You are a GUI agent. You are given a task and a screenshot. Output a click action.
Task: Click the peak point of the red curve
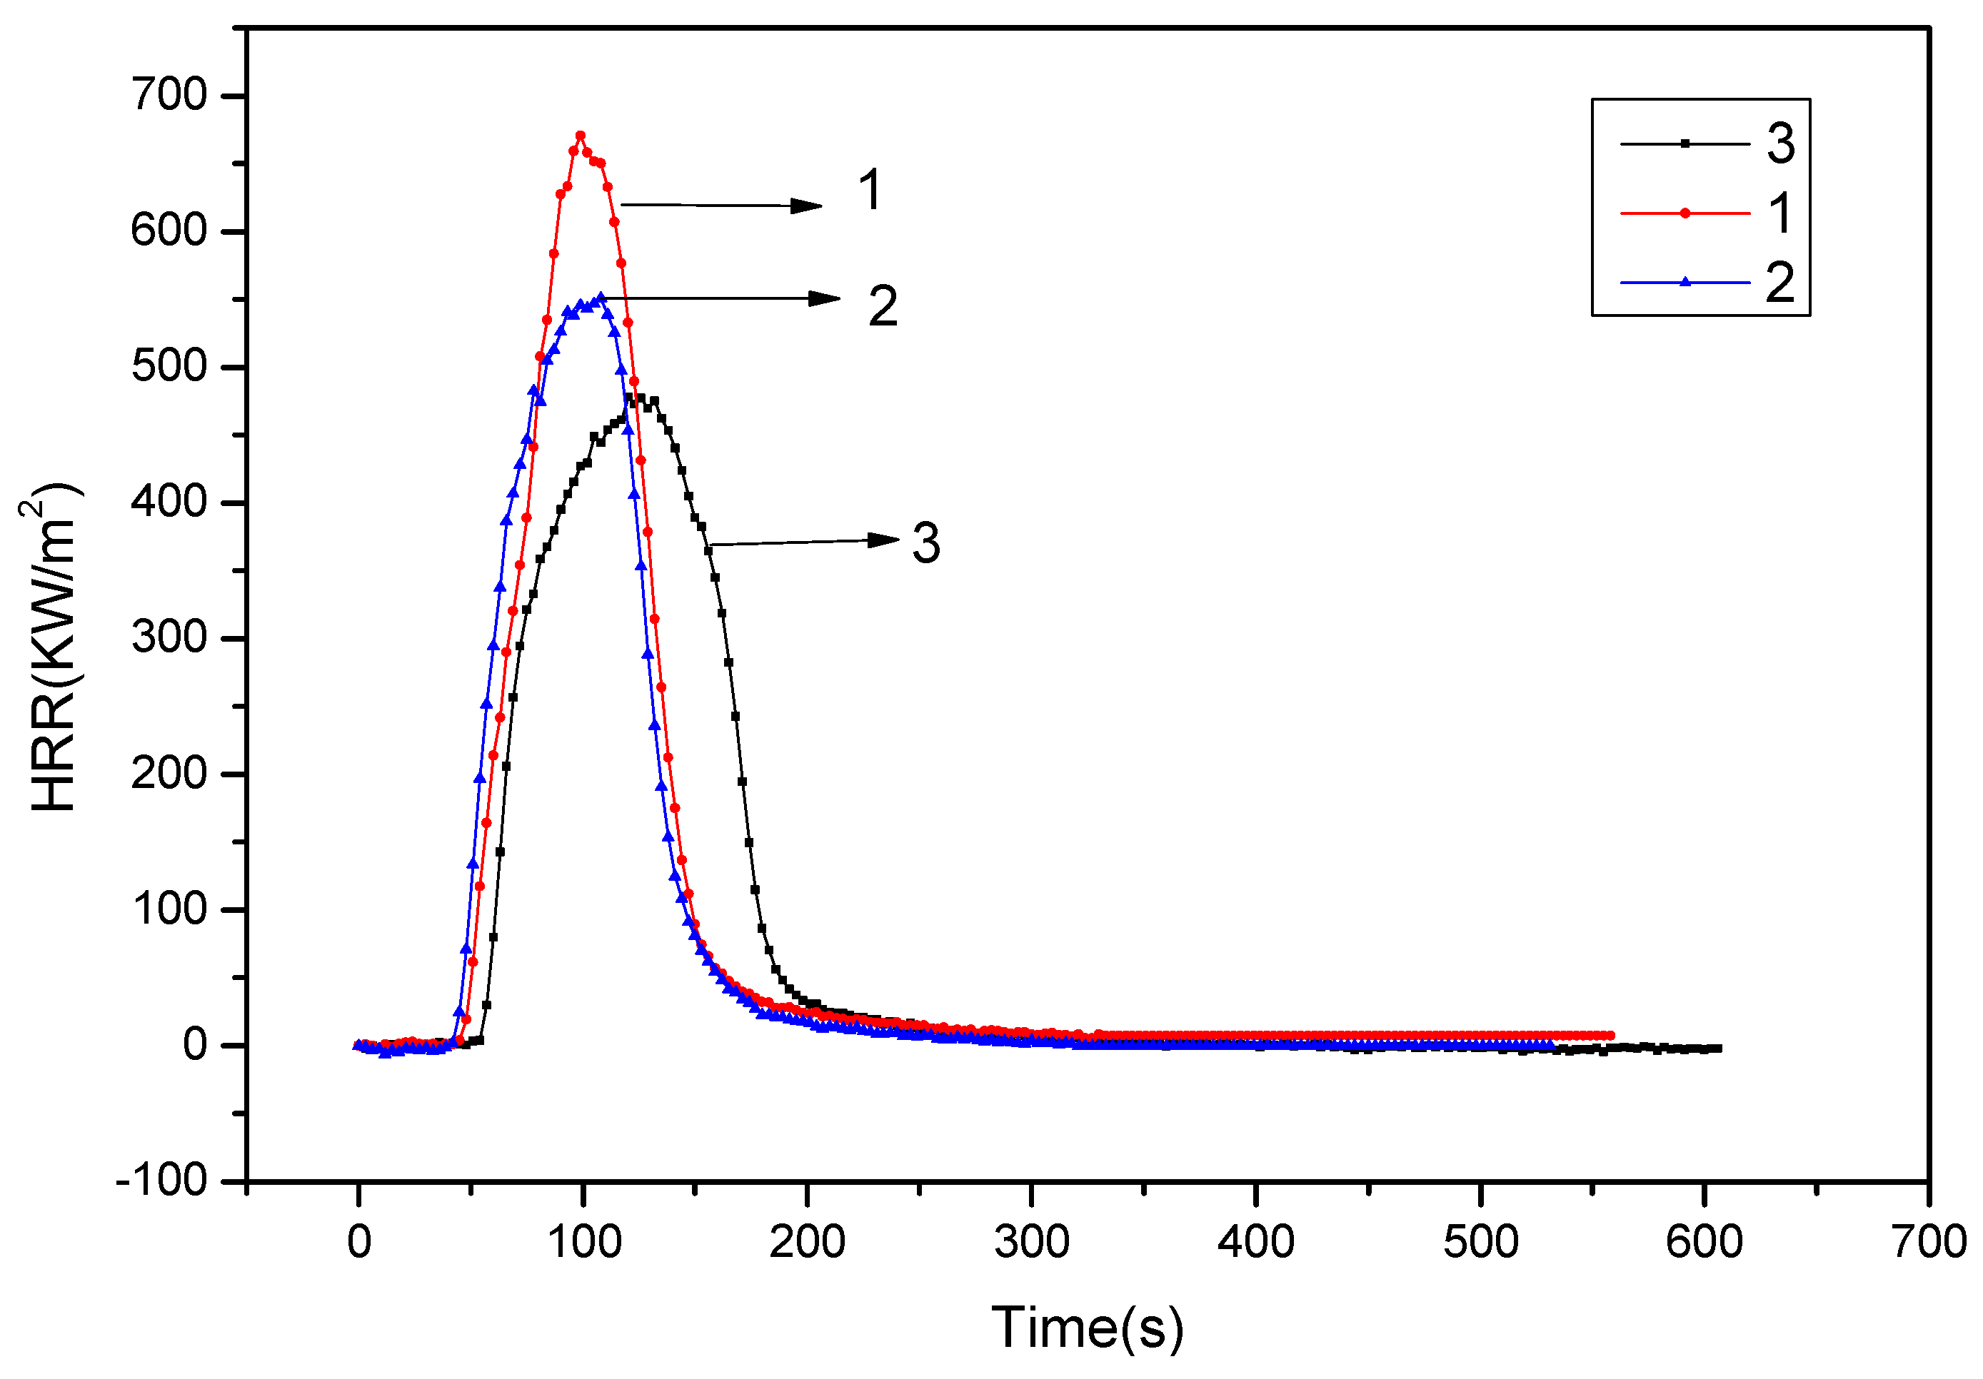(x=581, y=136)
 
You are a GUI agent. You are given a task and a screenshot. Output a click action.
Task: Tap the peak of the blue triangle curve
(x=601, y=297)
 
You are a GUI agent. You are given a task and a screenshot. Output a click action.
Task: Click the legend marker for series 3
(x=1685, y=143)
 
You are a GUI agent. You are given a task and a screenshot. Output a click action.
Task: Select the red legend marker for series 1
(x=1685, y=213)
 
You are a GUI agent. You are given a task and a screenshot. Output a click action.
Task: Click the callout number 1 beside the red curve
(x=870, y=190)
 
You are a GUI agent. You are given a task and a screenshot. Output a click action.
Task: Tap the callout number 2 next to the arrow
(x=883, y=305)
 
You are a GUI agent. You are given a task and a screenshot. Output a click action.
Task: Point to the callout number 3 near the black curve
(x=926, y=543)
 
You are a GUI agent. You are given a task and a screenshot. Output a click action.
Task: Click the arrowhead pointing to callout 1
(x=808, y=206)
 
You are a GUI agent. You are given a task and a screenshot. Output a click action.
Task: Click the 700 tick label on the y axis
(x=169, y=94)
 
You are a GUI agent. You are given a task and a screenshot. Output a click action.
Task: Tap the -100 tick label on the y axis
(x=161, y=1181)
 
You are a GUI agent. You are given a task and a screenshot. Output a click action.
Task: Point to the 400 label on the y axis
(x=169, y=502)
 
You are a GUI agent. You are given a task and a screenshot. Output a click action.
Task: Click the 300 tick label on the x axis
(x=1031, y=1243)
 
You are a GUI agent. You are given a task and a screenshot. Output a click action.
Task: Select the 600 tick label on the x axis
(x=1704, y=1243)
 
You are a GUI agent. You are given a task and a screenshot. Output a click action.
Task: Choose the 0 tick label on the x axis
(x=358, y=1243)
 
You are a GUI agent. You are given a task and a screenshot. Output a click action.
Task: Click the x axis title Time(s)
(x=1087, y=1327)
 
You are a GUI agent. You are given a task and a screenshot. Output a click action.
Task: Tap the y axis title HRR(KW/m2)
(x=52, y=647)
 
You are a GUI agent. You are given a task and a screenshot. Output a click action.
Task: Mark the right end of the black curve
(x=1719, y=1049)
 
